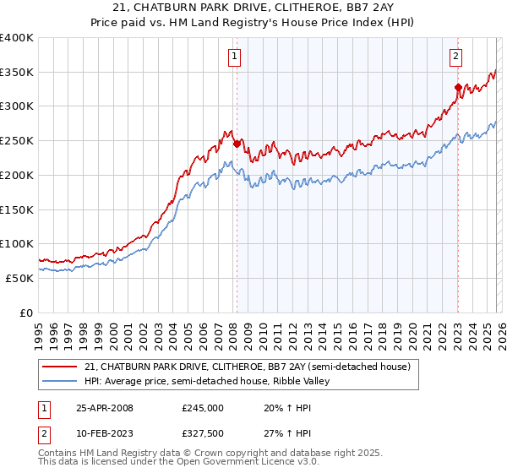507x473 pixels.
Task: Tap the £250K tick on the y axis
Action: (17, 140)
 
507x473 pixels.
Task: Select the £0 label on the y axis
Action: (27, 313)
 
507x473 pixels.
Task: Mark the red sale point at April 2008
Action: (237, 144)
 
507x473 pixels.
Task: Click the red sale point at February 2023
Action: (457, 87)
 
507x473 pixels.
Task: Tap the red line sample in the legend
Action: (60, 367)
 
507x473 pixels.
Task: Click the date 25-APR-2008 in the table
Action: (105, 407)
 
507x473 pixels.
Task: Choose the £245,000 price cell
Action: (203, 407)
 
